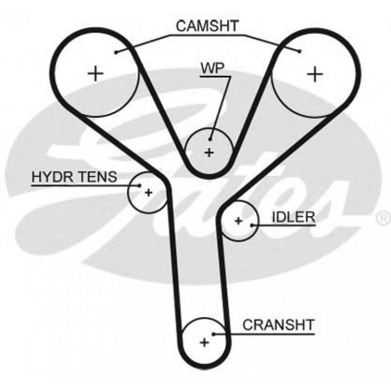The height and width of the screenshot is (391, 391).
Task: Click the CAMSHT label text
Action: point(207,26)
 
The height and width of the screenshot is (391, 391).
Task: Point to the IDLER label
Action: point(293,217)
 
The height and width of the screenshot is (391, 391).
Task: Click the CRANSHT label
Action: point(278,324)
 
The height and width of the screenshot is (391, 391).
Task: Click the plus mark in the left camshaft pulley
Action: point(96,73)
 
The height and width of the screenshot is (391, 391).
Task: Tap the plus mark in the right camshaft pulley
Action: point(315,73)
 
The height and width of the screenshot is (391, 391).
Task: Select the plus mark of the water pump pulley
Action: point(209,153)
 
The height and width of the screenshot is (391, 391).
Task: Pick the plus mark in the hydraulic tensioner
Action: point(148,192)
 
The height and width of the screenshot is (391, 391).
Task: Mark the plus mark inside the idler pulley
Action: point(238,221)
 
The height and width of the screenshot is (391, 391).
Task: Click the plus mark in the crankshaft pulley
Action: point(204,342)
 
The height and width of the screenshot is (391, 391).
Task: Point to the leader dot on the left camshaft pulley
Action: point(117,52)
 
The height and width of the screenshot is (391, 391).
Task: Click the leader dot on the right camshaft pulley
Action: point(300,51)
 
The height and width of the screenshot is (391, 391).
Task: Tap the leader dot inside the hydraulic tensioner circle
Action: point(140,185)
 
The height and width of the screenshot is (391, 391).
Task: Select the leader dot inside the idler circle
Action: point(252,225)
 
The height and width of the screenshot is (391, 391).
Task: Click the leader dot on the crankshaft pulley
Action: point(214,334)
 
